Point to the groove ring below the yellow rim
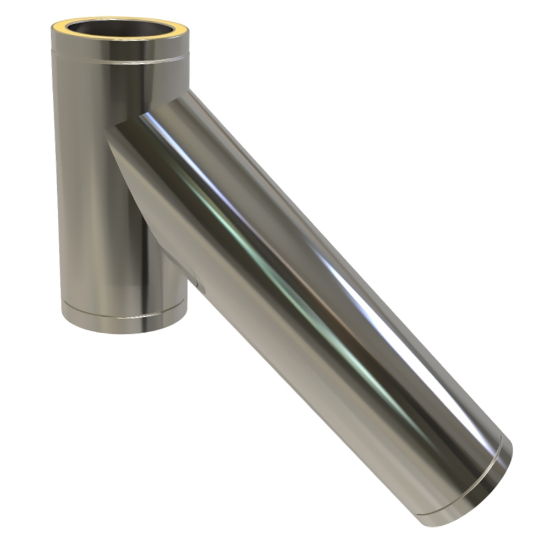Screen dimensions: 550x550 point(121,59)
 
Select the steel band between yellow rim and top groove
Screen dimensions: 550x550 point(121,47)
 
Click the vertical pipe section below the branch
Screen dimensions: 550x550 point(110,248)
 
